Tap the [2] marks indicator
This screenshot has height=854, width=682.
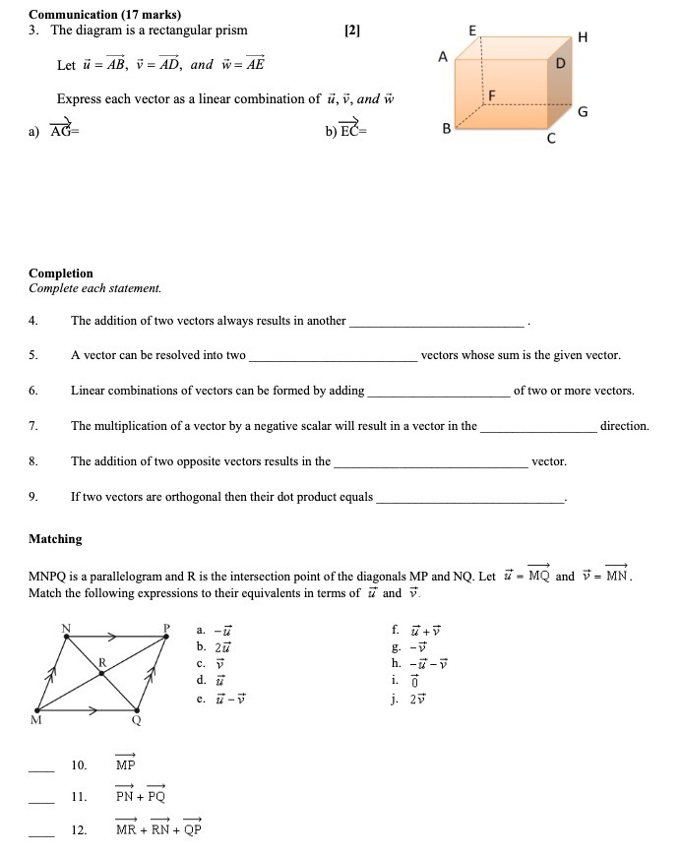click(353, 30)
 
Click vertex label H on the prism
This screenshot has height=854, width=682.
click(584, 37)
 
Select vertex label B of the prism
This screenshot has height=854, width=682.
click(446, 129)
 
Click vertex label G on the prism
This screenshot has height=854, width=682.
click(583, 111)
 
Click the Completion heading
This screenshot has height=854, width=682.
click(61, 274)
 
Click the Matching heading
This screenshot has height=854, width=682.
click(55, 539)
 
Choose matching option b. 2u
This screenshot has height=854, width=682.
click(213, 646)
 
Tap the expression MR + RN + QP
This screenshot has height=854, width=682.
click(157, 829)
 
